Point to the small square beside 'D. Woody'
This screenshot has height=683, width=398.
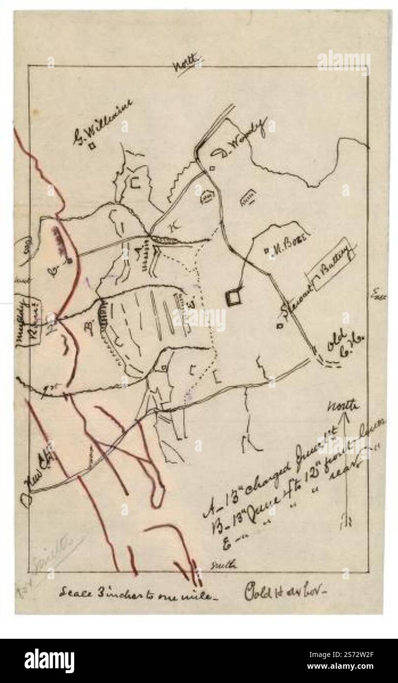pos(212,169)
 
